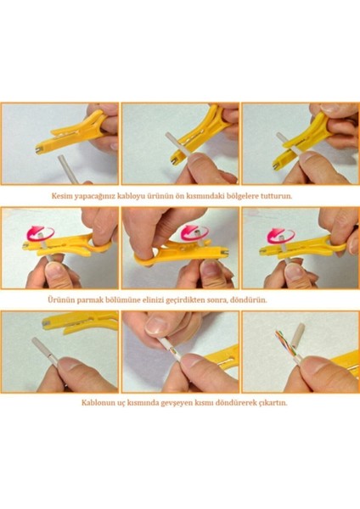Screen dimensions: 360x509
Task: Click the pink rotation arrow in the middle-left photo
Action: (x=40, y=233)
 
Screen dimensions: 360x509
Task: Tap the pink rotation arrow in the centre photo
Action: (x=194, y=232)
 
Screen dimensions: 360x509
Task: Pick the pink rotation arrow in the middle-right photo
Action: (x=281, y=236)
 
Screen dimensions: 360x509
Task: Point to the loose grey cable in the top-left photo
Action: (x=68, y=170)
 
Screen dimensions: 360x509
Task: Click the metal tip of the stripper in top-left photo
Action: (x=39, y=150)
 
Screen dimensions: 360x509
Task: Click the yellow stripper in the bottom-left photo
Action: (x=80, y=322)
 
